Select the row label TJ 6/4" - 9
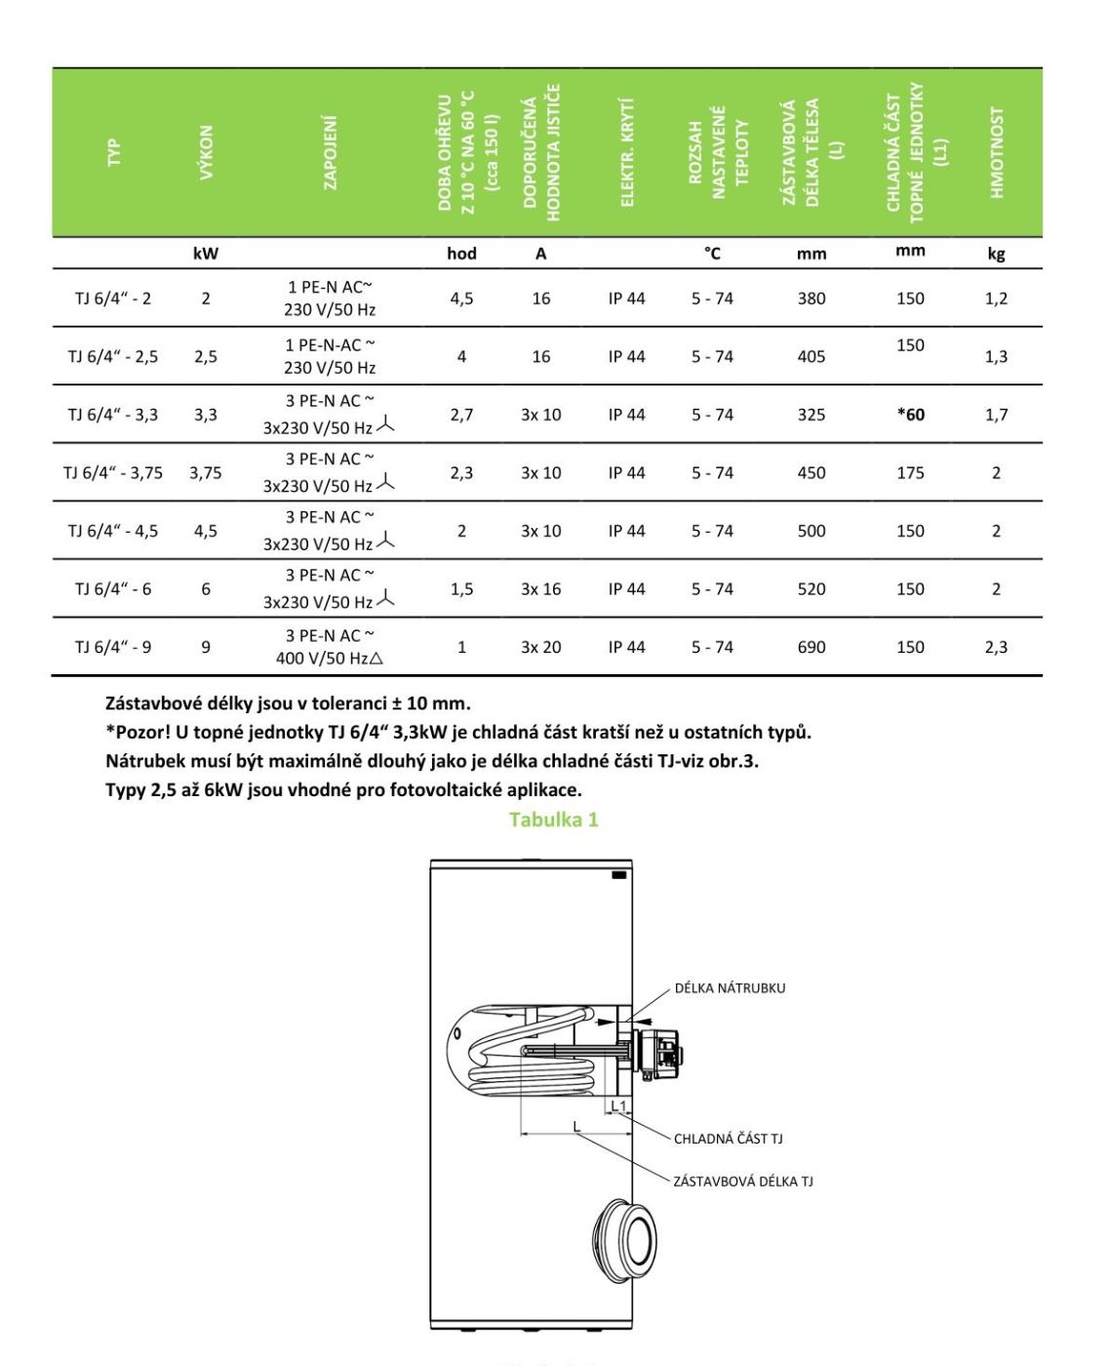pyautogui.click(x=113, y=647)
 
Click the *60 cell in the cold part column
pyautogui.click(x=909, y=415)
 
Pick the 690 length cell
pyautogui.click(x=811, y=647)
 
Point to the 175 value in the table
pyautogui.click(x=910, y=473)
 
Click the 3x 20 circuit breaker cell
pyautogui.click(x=540, y=647)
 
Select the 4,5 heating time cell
pyautogui.click(x=461, y=299)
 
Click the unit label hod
pyautogui.click(x=461, y=254)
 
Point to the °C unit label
pyautogui.click(x=713, y=254)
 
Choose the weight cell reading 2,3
pyautogui.click(x=996, y=647)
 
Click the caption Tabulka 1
pyautogui.click(x=553, y=820)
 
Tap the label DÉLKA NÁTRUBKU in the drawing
pyautogui.click(x=730, y=987)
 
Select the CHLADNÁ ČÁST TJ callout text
pyautogui.click(x=728, y=1139)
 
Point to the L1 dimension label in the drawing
pyautogui.click(x=618, y=1105)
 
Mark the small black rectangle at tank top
pyautogui.click(x=618, y=875)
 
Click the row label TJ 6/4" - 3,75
pyautogui.click(x=113, y=473)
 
